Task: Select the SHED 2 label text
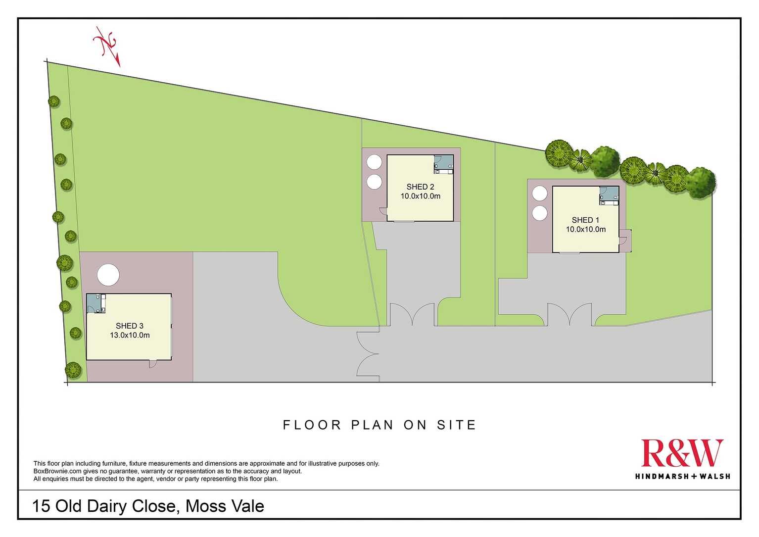(420, 187)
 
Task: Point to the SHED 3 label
(130, 326)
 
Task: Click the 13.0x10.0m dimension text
(130, 335)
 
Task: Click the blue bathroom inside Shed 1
(609, 195)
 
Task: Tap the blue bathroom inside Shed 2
(444, 164)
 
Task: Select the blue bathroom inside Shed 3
(96, 303)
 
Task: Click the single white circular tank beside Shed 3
(108, 275)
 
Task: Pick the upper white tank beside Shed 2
(374, 162)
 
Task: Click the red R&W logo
(682, 453)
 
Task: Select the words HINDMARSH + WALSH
(682, 476)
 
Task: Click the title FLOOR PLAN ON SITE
(379, 425)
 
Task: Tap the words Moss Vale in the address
(225, 506)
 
